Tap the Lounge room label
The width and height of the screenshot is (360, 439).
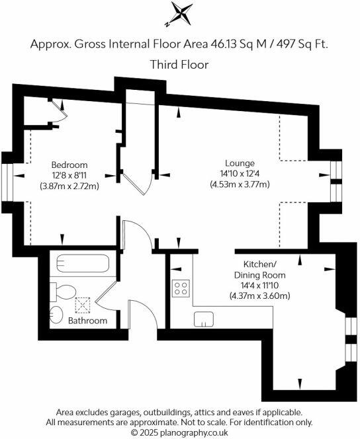click(x=239, y=163)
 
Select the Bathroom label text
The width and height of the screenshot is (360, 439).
click(x=88, y=321)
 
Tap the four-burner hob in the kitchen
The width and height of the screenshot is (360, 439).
click(x=181, y=288)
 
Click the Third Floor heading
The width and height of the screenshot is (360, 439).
click(x=180, y=65)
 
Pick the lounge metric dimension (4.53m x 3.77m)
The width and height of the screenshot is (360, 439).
click(x=239, y=184)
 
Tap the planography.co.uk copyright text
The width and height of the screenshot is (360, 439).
click(x=179, y=432)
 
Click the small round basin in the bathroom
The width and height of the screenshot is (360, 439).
click(x=58, y=313)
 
